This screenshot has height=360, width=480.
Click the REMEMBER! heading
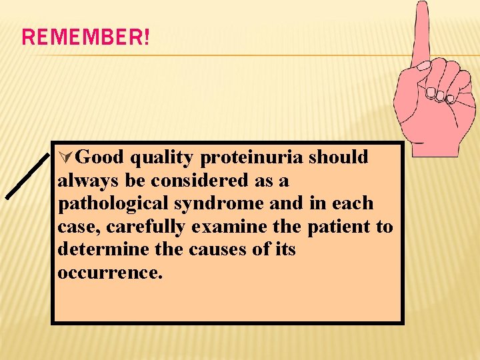pyautogui.click(x=86, y=37)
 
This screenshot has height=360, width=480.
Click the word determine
pyautogui.click(x=100, y=250)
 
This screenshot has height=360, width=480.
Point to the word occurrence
pyautogui.click(x=109, y=273)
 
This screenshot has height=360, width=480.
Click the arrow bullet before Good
pyautogui.click(x=65, y=157)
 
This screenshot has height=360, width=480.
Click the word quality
pyautogui.click(x=163, y=157)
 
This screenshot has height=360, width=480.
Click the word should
pyautogui.click(x=338, y=157)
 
